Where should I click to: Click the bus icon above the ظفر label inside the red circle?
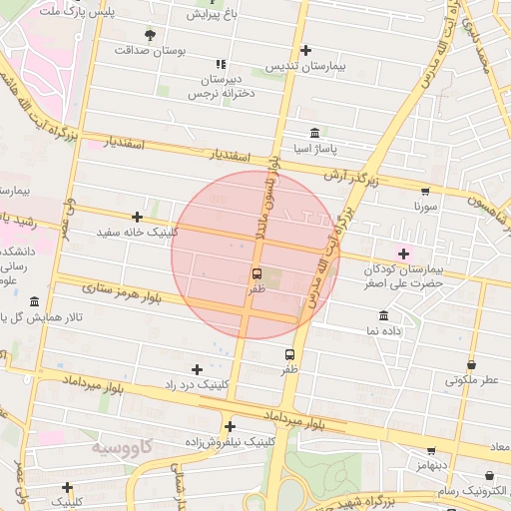[256, 272]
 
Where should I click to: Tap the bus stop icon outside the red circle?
[290, 353]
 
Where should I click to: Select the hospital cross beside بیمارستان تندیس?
[305, 50]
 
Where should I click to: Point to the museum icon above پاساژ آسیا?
[315, 134]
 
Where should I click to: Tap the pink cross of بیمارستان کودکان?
[403, 254]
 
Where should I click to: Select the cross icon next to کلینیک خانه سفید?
[137, 217]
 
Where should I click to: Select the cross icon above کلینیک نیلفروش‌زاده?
[231, 426]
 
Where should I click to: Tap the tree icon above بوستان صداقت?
[151, 34]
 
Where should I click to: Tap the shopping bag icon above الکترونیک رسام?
[489, 476]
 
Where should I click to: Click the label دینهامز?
[431, 465]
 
